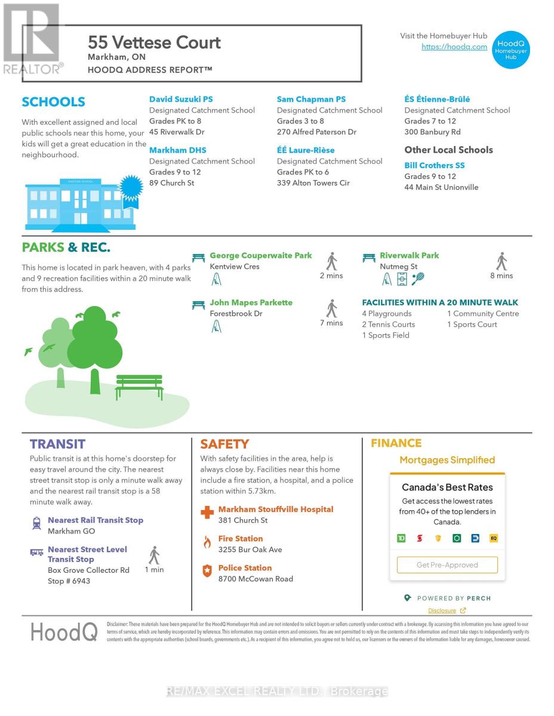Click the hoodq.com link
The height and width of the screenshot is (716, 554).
(454, 47)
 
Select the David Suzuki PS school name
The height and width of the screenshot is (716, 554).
(180, 99)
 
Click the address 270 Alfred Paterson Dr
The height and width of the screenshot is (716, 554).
(316, 132)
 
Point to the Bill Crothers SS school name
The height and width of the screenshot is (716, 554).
(434, 165)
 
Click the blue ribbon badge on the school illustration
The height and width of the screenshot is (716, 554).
(130, 189)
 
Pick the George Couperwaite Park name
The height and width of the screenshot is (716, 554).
(260, 255)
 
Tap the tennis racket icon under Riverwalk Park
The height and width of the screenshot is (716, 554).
(418, 278)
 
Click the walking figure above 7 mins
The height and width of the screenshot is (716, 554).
(332, 308)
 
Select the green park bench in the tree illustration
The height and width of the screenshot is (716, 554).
(139, 386)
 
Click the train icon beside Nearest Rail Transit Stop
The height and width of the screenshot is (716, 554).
(36, 523)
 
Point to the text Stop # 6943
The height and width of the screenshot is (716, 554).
(69, 581)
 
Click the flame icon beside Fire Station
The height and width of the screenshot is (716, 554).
(207, 542)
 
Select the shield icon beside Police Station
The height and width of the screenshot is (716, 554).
(207, 571)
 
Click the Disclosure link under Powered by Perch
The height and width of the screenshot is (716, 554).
(442, 610)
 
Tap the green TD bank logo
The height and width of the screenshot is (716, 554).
(401, 538)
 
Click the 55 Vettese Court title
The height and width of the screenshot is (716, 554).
(154, 42)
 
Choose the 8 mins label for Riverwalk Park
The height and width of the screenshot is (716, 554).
(501, 276)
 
